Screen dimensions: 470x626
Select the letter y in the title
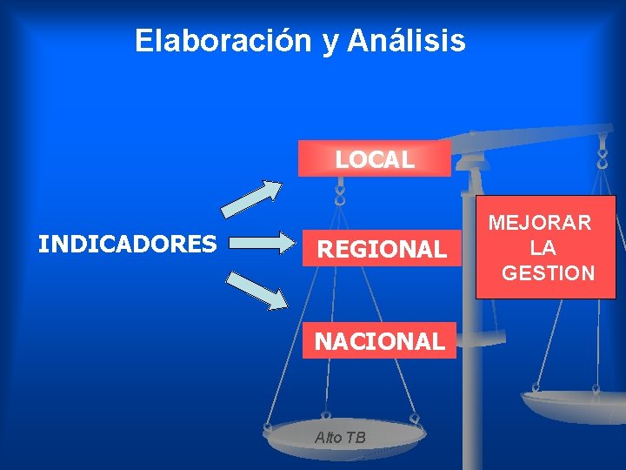point(330,42)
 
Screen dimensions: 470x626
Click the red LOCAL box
point(375,159)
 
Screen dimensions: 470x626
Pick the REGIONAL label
point(381,250)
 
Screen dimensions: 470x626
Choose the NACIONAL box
point(379,341)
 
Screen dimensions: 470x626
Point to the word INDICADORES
point(128,244)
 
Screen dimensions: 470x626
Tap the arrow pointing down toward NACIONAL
point(256,291)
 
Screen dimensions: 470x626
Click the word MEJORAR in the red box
point(539,223)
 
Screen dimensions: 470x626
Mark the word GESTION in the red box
point(549,273)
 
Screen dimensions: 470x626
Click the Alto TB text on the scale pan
point(340,438)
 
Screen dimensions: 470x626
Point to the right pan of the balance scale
point(574,404)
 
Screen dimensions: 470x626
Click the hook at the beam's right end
point(602,157)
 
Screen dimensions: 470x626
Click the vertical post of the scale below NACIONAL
point(471,409)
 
